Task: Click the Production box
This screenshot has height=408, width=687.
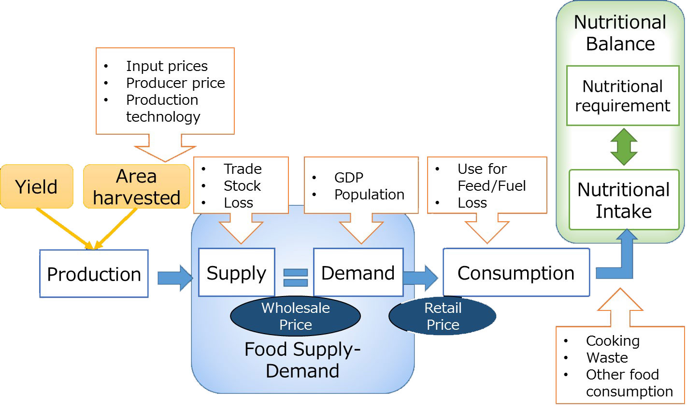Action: [94, 274]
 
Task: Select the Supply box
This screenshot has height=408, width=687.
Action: [236, 273]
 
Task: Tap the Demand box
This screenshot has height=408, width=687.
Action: [358, 273]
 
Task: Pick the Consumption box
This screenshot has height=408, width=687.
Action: [516, 273]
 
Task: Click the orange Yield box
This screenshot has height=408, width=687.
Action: [37, 186]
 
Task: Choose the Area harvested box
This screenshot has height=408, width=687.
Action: [137, 187]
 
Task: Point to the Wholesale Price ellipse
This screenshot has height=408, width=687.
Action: [295, 316]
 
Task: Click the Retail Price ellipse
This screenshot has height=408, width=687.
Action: [443, 316]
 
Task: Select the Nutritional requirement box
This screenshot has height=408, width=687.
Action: [622, 96]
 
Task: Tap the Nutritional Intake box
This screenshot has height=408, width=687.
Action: [623, 200]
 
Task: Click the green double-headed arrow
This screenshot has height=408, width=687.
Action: [624, 147]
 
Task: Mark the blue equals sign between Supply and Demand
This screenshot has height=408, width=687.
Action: [295, 278]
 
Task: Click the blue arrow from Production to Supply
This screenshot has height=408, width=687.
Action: [174, 278]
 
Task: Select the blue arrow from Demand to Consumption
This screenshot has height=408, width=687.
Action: [420, 278]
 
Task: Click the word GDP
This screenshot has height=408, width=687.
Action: [348, 178]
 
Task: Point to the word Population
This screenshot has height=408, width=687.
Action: [369, 195]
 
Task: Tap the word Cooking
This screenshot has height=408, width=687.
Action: [613, 341]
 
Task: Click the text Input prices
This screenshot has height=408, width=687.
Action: [167, 66]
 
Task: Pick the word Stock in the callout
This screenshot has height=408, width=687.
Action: [242, 186]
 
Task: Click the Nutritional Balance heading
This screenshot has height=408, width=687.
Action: [620, 33]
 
